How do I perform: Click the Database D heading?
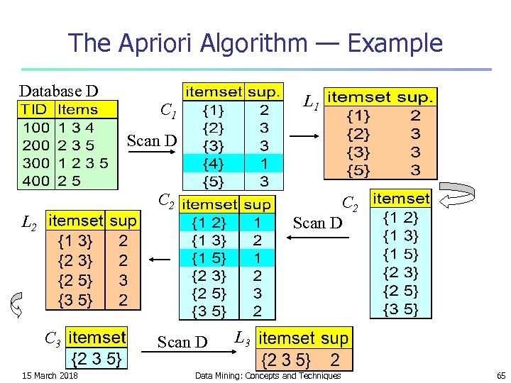coord(58,91)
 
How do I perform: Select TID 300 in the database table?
coord(35,162)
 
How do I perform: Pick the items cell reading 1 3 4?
coord(76,128)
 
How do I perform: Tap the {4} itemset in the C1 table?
coord(212,164)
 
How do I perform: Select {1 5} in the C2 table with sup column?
coord(209,256)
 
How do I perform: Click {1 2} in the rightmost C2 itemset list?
coord(401,218)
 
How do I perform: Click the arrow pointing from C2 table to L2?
coord(162,260)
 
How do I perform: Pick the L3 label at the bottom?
coord(242,338)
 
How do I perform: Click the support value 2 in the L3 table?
coord(335,359)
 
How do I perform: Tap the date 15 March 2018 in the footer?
coord(50,374)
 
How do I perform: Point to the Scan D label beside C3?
coord(182,343)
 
